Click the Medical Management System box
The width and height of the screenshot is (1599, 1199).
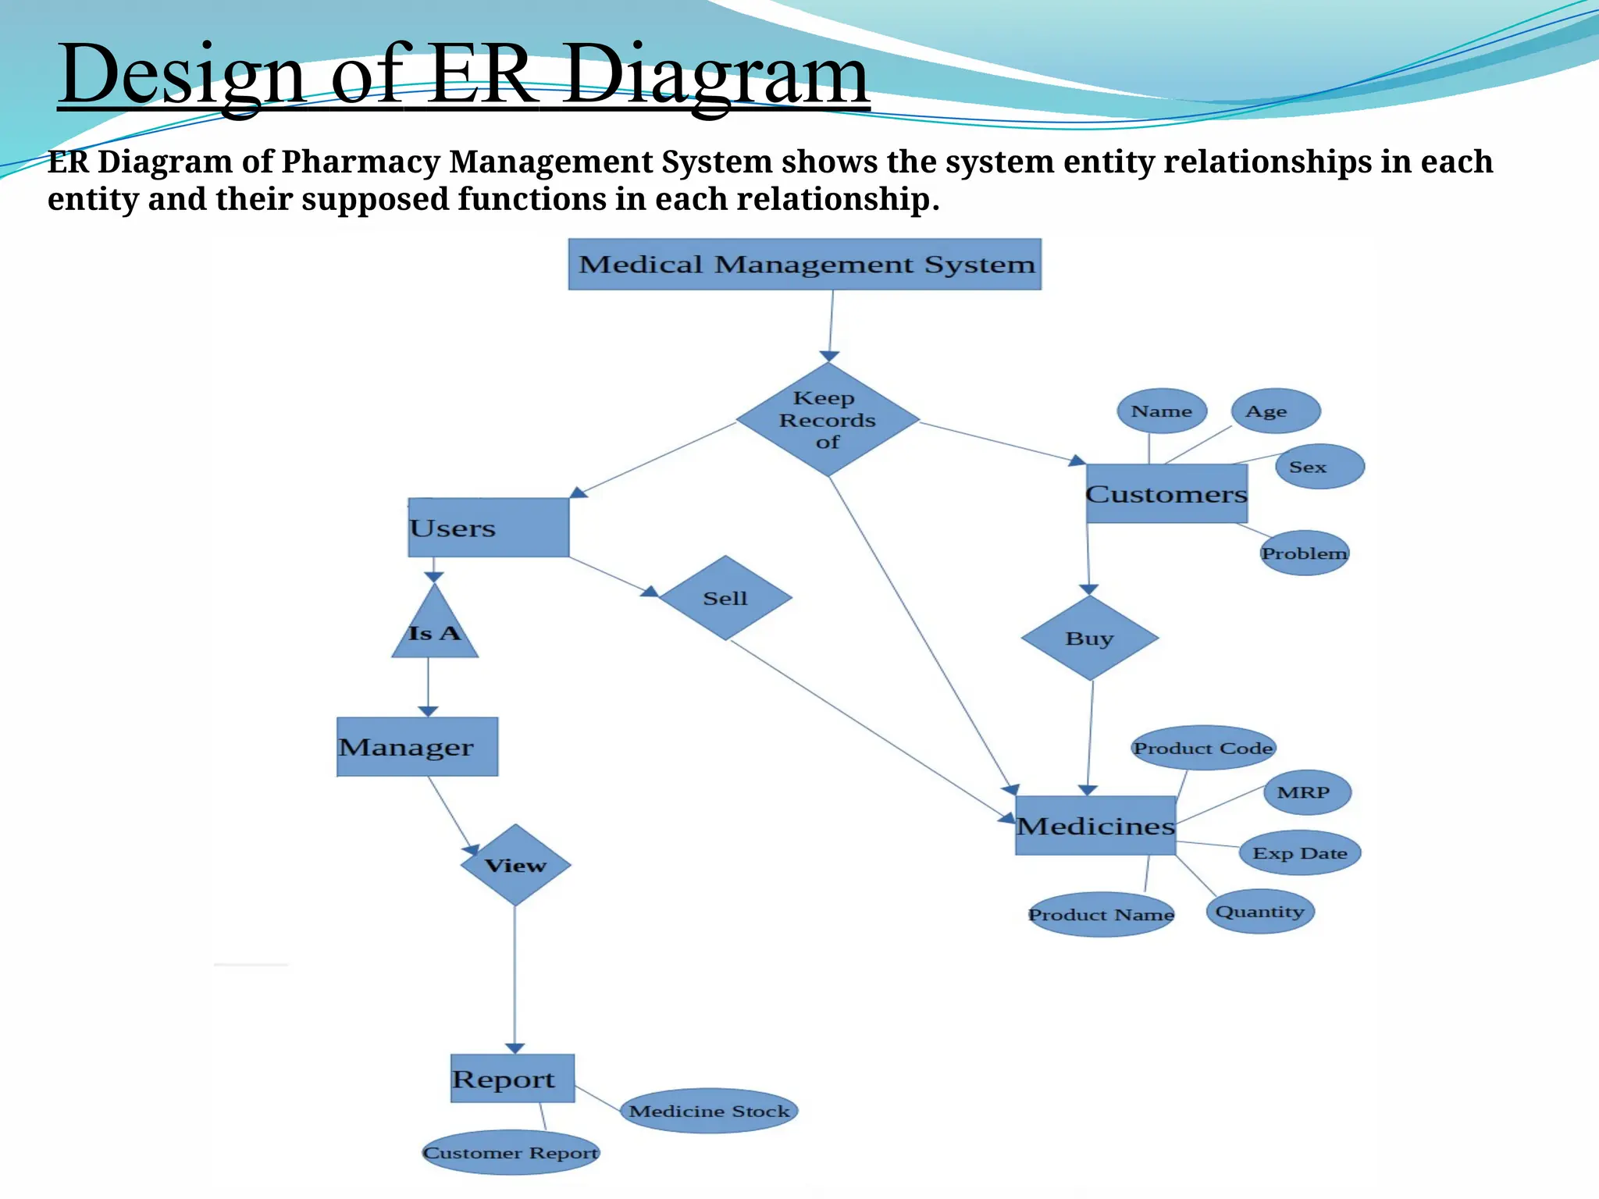[x=804, y=265]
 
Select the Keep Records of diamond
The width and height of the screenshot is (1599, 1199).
[x=828, y=420]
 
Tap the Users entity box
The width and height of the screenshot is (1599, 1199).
[x=488, y=528]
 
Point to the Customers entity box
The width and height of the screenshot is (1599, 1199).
[x=1166, y=494]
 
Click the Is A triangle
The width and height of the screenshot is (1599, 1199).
[x=435, y=629]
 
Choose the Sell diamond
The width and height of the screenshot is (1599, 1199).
[x=725, y=599]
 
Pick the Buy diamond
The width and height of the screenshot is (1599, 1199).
[x=1089, y=639]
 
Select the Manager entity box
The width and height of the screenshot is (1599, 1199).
[x=417, y=747]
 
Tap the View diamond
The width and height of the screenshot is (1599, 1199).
[x=515, y=865]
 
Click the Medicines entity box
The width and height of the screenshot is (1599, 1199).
[x=1095, y=826]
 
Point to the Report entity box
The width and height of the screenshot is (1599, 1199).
[x=512, y=1079]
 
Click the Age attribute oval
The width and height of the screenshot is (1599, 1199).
[x=1276, y=411]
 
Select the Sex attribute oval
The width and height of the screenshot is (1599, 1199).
[x=1319, y=467]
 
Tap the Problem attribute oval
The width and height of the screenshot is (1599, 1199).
[x=1305, y=553]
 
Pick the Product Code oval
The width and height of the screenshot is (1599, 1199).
[x=1203, y=748]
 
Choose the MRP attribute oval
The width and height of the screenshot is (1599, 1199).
[x=1307, y=792]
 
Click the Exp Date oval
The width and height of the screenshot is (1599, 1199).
[x=1300, y=853]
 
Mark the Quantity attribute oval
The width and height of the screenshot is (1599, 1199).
[x=1260, y=912]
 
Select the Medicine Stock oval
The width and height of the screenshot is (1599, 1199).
[x=709, y=1111]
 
